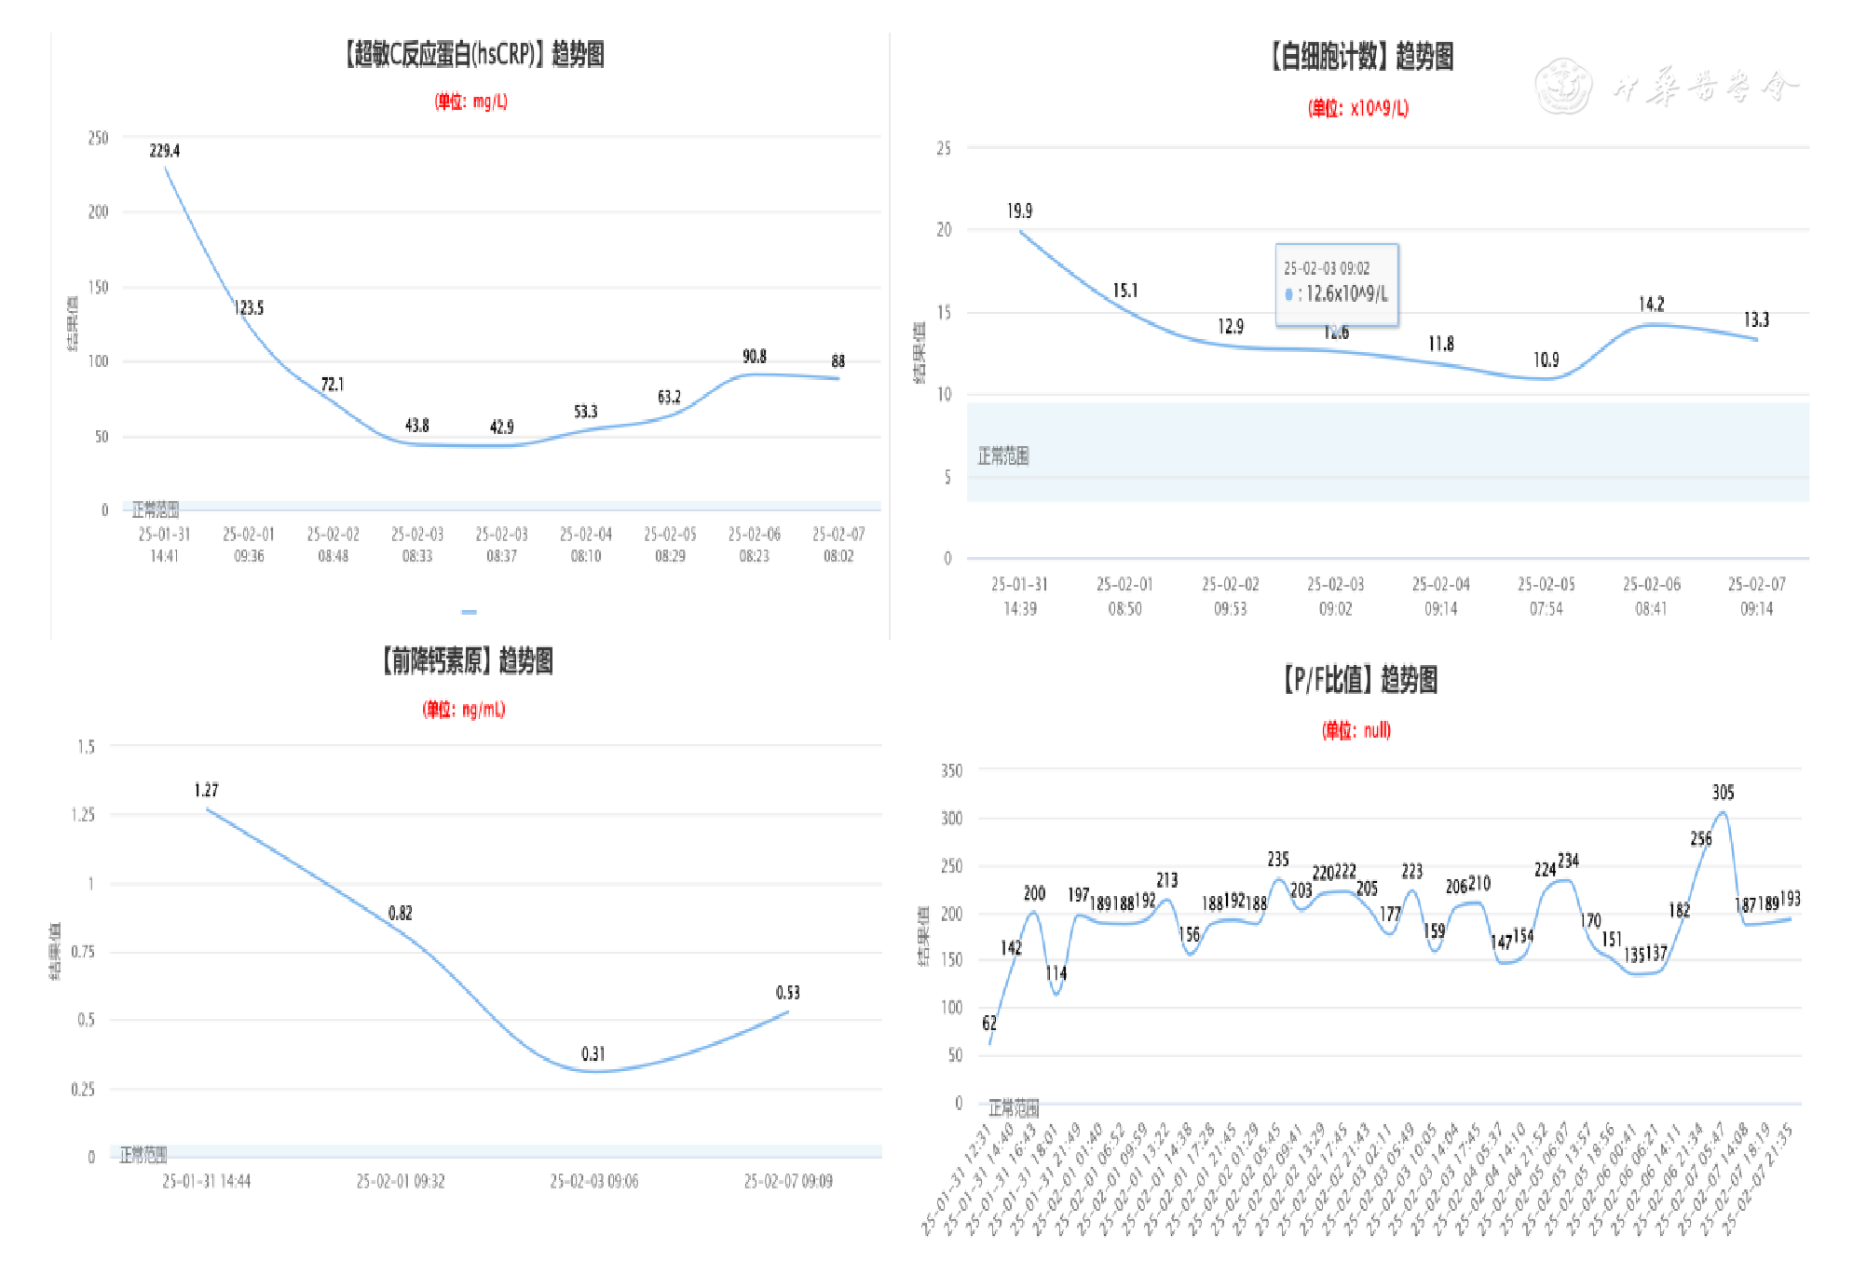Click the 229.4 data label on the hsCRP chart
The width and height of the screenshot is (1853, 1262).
pyautogui.click(x=165, y=151)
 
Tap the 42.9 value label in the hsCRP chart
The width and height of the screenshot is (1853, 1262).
pyautogui.click(x=501, y=427)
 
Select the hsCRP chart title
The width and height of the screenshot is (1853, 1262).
pyautogui.click(x=474, y=54)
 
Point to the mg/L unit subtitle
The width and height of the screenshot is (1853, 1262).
pyautogui.click(x=470, y=102)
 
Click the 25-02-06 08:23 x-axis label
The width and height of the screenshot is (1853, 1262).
pyautogui.click(x=754, y=545)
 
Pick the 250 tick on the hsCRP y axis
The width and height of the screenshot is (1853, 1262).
pyautogui.click(x=98, y=138)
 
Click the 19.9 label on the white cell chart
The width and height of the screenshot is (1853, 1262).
pyautogui.click(x=1019, y=211)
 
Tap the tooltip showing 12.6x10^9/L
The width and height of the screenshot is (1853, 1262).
pyautogui.click(x=1336, y=283)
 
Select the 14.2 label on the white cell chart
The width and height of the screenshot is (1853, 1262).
pyautogui.click(x=1651, y=305)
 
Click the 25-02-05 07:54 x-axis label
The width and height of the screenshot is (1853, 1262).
pyautogui.click(x=1546, y=596)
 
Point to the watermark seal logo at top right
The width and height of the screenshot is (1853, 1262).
pyautogui.click(x=1562, y=87)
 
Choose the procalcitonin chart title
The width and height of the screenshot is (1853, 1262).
pyautogui.click(x=467, y=661)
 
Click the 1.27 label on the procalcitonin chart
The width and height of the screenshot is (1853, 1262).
pyautogui.click(x=206, y=791)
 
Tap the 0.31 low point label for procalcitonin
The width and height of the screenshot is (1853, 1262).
pyautogui.click(x=593, y=1054)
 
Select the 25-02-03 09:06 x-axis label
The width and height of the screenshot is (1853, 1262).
pyautogui.click(x=593, y=1181)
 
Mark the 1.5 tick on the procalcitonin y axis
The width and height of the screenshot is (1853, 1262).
pyautogui.click(x=86, y=747)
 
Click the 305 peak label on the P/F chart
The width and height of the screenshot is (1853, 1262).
pyautogui.click(x=1723, y=793)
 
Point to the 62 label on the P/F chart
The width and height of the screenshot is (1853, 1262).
pyautogui.click(x=988, y=1023)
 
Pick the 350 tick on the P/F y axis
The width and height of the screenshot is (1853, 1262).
pyautogui.click(x=951, y=771)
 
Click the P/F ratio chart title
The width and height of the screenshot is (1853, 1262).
pyautogui.click(x=1359, y=680)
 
